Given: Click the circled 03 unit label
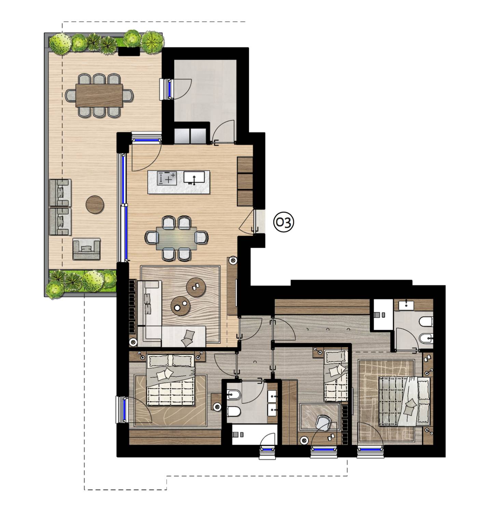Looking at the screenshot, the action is [284, 223].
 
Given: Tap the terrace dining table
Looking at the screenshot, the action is [99, 95].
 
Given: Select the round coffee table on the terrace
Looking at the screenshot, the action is [95, 204].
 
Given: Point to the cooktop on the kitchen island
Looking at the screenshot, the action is [167, 178].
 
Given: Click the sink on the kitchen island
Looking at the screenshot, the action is [194, 177].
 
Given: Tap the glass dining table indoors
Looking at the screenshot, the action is [177, 238].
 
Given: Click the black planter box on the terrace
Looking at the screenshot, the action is [129, 51].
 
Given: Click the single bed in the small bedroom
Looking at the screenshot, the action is [335, 376].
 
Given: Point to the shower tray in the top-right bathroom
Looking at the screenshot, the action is [383, 314].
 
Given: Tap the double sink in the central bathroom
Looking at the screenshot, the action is [273, 402].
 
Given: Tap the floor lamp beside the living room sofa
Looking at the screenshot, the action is [133, 341].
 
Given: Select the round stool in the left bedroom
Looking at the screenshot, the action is [217, 407].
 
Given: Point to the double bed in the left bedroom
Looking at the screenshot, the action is [170, 379].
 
